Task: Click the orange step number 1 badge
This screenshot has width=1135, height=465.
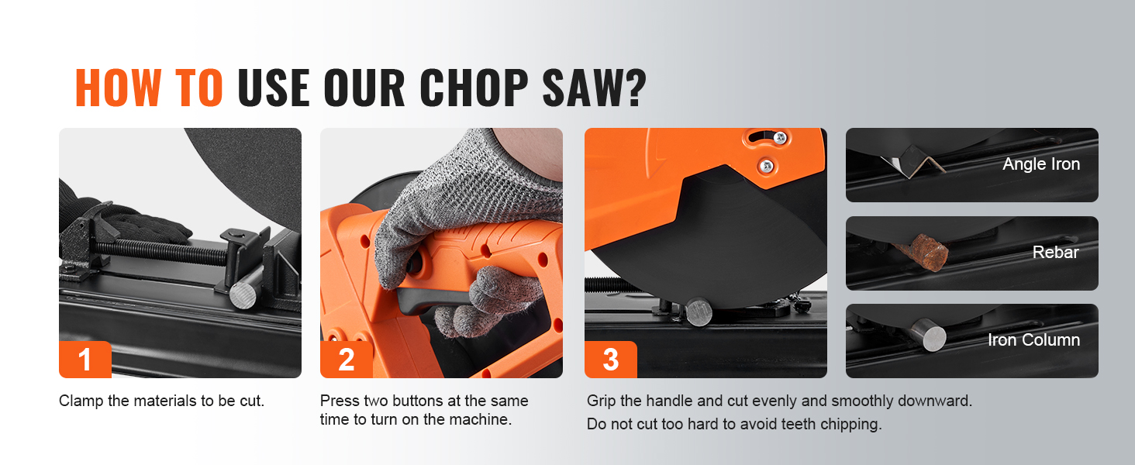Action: pyautogui.click(x=85, y=359)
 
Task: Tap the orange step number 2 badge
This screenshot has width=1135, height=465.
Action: pyautogui.click(x=347, y=359)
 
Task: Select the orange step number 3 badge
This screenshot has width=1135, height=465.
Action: pyautogui.click(x=611, y=359)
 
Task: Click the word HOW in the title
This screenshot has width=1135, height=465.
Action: pyautogui.click(x=118, y=88)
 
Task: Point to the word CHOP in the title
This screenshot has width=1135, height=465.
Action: pyautogui.click(x=474, y=88)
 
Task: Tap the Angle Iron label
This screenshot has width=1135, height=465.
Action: pyautogui.click(x=1041, y=164)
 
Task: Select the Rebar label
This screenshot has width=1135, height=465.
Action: pyautogui.click(x=1055, y=252)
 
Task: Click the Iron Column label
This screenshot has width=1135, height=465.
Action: pyautogui.click(x=1033, y=339)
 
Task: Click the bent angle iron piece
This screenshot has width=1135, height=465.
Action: pyautogui.click(x=912, y=161)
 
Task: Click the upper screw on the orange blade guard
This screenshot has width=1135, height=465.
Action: pyautogui.click(x=780, y=136)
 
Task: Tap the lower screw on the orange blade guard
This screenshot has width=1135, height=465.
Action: pyautogui.click(x=767, y=165)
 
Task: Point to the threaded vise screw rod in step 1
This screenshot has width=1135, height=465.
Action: pyautogui.click(x=161, y=252)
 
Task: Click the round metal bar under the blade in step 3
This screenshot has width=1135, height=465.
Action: pyautogui.click(x=699, y=312)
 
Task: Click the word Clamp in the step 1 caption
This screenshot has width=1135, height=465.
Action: pyautogui.click(x=81, y=401)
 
